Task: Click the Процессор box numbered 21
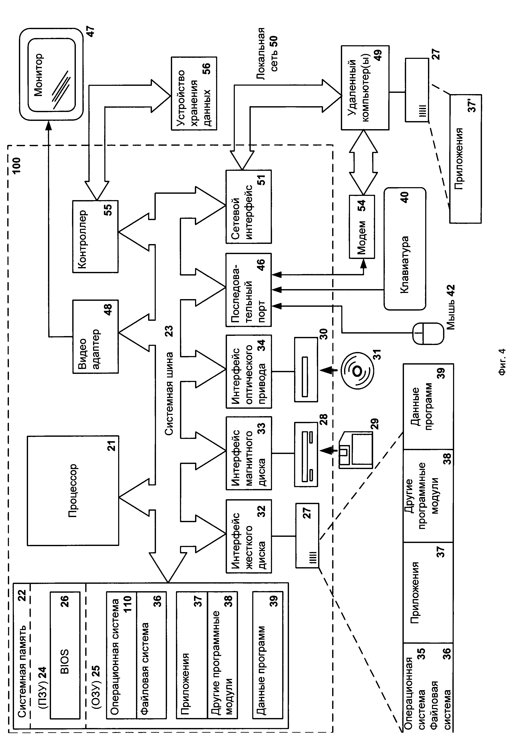(73, 490)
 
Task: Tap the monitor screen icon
(51, 74)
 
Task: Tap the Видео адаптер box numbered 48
(95, 336)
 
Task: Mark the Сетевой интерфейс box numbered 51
(249, 207)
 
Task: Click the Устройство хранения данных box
(194, 94)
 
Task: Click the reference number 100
(16, 165)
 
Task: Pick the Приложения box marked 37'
(465, 159)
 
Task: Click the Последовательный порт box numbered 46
(249, 290)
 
